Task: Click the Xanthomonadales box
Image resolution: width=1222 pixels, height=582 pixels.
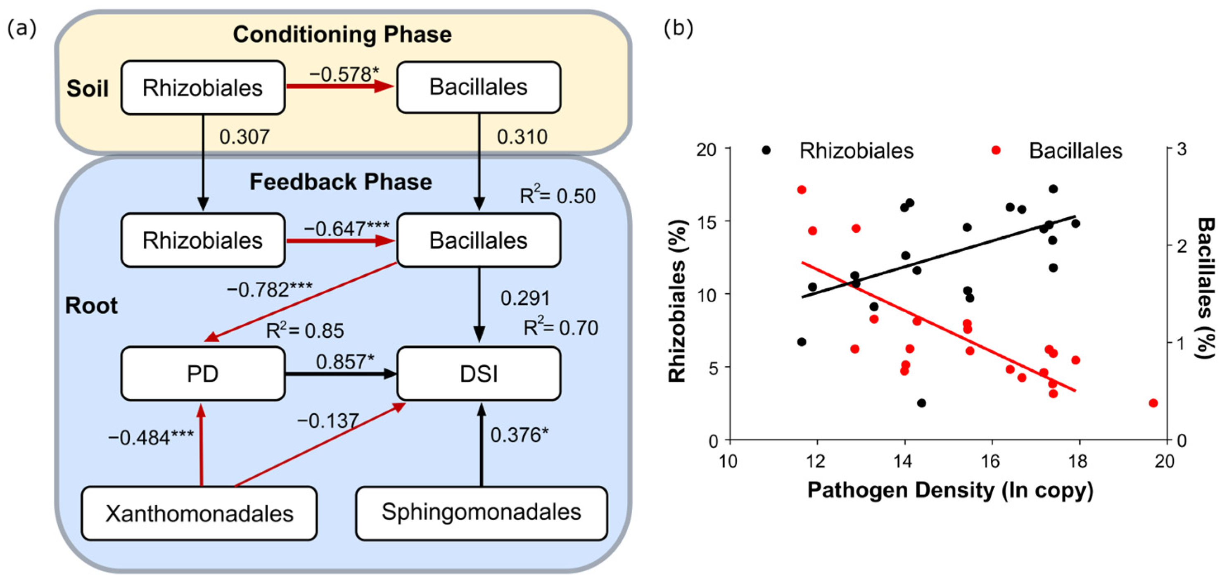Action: [199, 513]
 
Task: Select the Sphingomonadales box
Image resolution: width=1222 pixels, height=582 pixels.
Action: [481, 513]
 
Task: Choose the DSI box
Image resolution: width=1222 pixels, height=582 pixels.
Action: [479, 374]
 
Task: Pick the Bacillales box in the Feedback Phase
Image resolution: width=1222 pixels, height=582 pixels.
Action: [479, 240]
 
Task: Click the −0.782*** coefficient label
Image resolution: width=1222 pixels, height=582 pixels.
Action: [269, 289]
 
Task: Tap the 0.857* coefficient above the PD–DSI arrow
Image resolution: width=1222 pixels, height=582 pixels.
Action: [345, 362]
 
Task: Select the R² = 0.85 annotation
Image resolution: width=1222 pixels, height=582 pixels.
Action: [305, 330]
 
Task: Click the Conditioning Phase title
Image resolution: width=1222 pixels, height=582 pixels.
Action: [342, 35]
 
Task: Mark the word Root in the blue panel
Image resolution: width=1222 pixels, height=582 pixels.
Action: [91, 306]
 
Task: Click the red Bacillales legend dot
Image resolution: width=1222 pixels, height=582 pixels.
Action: [996, 150]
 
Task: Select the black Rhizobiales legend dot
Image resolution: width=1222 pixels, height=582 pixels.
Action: [766, 150]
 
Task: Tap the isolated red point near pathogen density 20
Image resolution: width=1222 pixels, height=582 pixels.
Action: [1153, 403]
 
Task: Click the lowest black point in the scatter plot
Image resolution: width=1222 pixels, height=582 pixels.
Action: [922, 403]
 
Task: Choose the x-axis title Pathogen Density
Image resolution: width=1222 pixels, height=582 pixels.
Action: [950, 490]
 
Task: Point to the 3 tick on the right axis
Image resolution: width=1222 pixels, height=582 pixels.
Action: [1182, 150]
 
